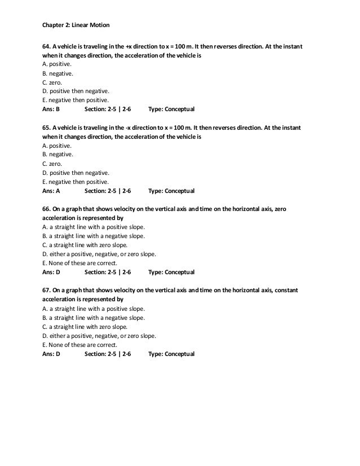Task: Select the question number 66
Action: coord(47,209)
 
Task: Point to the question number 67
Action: coord(47,291)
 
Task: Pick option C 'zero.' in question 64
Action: coord(56,82)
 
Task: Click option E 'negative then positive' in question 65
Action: coord(76,182)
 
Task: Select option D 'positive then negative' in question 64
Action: coord(76,91)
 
